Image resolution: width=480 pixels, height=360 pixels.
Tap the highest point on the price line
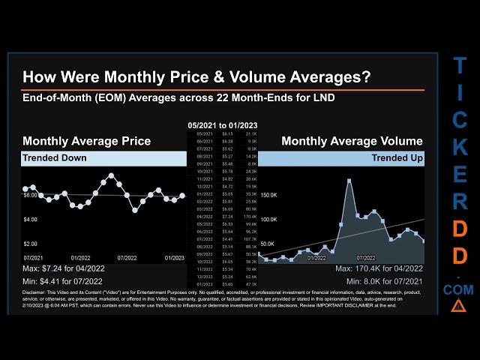click(112, 175)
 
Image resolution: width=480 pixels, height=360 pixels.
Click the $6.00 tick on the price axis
click(30, 195)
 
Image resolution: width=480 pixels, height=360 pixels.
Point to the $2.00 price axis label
click(30, 244)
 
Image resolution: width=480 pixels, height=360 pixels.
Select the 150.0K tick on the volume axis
click(268, 194)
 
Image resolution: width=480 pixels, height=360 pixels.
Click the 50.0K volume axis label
click(268, 244)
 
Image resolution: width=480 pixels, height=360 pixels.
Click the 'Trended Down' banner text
click(55, 158)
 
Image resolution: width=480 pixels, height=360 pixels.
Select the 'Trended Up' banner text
click(397, 158)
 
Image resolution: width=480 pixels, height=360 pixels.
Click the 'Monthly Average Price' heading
click(86, 141)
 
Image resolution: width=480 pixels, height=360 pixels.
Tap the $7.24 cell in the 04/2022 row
click(228, 217)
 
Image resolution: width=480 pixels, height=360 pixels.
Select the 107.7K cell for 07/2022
click(251, 238)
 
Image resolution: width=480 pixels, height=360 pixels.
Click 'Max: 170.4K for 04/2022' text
click(379, 268)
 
